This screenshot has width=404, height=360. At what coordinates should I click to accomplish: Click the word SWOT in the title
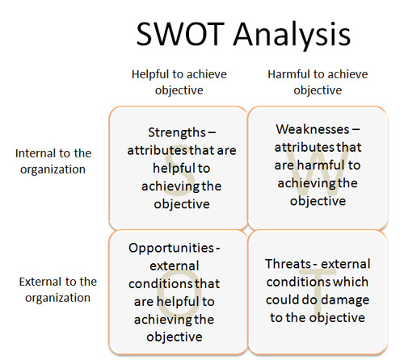180,34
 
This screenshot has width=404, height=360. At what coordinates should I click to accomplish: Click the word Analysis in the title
292,36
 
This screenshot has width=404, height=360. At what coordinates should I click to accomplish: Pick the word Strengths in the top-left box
177,132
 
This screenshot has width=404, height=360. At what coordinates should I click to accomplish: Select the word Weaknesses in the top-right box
313,129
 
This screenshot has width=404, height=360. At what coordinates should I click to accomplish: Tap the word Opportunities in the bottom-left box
171,248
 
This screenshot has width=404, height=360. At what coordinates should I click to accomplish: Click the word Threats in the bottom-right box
288,264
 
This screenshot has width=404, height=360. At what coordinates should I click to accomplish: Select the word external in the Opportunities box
175,266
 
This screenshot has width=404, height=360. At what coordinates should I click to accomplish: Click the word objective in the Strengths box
182,204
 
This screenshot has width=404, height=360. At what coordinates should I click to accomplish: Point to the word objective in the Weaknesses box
318,201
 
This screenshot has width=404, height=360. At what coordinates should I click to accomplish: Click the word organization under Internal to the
53,170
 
